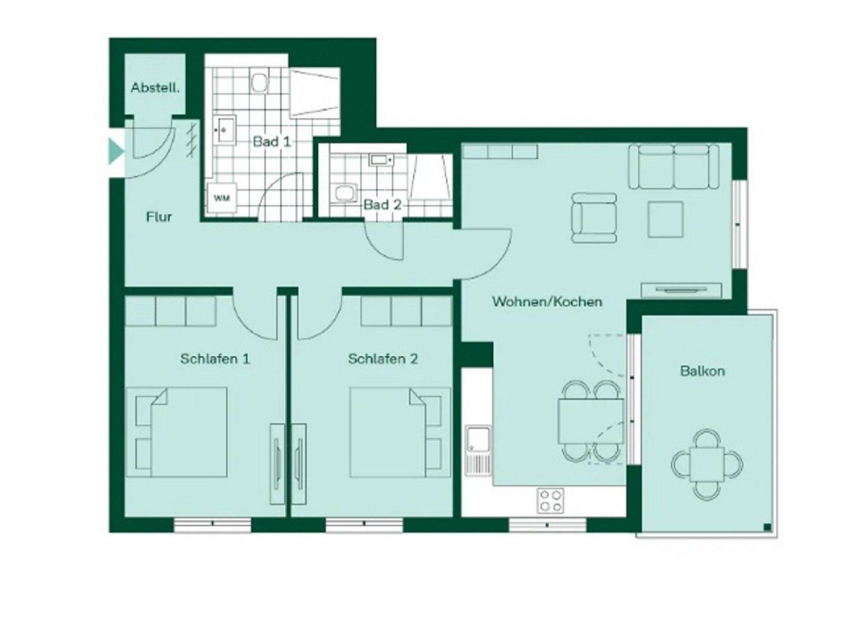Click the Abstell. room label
coord(155,88)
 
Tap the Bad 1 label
coord(272,142)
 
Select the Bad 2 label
coord(382,204)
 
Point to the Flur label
coord(159,217)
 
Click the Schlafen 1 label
coord(215,359)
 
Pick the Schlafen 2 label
coord(383,359)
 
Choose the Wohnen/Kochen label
coord(547,302)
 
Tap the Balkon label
coord(703,371)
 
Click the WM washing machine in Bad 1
coord(222,198)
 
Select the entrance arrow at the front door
coord(116,152)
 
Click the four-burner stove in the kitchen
coord(551,500)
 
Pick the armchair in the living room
coord(594,218)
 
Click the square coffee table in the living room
coord(665,219)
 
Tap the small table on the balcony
coord(707,464)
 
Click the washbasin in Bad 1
coord(225,130)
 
